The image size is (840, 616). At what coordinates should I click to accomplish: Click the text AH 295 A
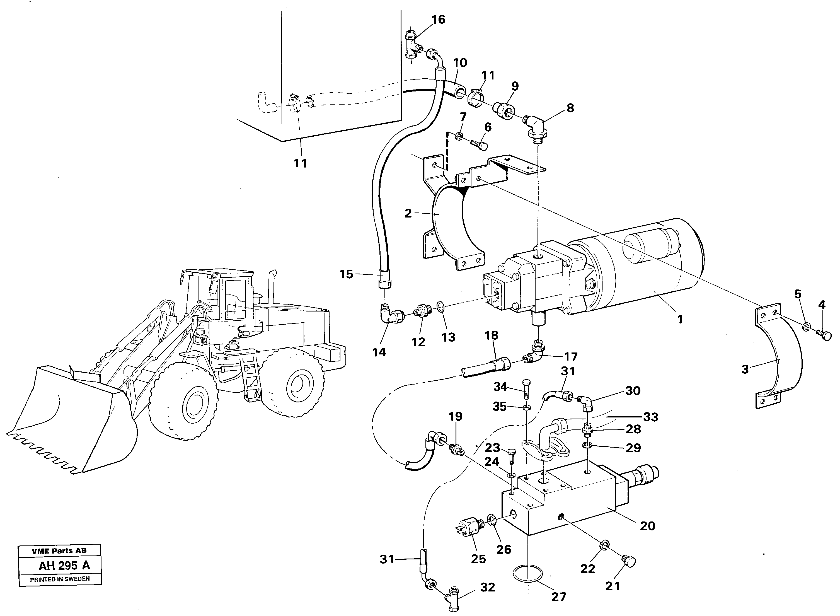(64, 565)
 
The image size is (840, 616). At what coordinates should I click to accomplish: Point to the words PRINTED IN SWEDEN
(60, 579)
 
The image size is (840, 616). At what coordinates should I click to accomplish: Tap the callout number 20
(647, 526)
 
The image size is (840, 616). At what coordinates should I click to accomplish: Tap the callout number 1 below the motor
(680, 319)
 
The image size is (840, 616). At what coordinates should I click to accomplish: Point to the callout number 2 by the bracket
(408, 214)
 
